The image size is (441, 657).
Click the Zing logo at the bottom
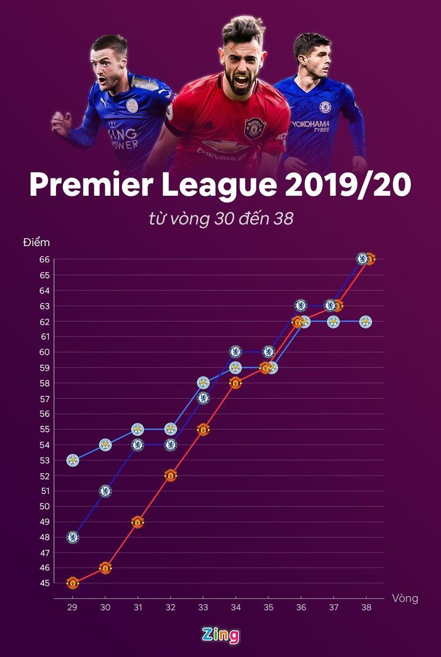pos(220,635)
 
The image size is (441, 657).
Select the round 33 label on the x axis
pos(203,607)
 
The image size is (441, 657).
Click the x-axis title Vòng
pos(405,598)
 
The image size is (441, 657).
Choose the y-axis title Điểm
pos(37,242)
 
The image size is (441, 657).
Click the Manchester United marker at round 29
pos(72,583)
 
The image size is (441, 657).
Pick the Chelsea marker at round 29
pos(72,537)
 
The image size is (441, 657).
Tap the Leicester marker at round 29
pos(72,460)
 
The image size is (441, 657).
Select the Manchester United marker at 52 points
pos(171,475)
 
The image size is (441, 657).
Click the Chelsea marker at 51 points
pos(105,491)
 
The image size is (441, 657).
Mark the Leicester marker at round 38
pos(366,321)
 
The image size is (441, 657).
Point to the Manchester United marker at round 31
pos(137,522)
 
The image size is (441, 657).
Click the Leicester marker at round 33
pos(203,382)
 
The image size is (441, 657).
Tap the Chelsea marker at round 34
pos(236,351)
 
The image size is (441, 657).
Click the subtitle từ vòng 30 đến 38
pos(220,219)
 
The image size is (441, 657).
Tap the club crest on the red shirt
pos(255,127)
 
